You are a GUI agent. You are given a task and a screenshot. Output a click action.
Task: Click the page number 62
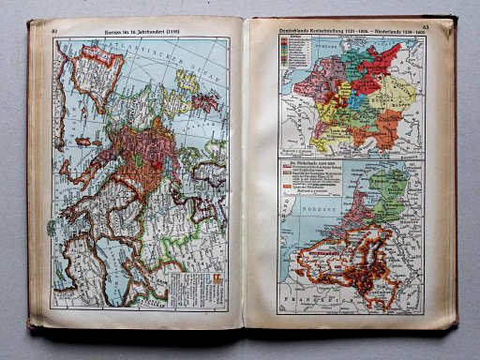55,30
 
